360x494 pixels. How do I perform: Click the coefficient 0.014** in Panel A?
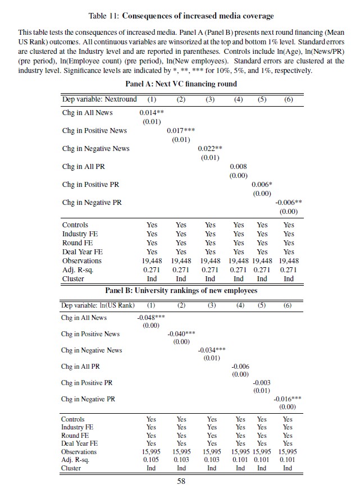(151, 113)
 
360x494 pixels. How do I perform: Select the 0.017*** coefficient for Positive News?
(181, 131)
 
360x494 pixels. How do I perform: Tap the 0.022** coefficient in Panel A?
(210, 149)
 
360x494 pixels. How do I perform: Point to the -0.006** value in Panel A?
(289, 203)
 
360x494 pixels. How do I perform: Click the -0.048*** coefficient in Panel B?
(151, 317)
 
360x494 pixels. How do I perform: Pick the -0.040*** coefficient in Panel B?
(181, 333)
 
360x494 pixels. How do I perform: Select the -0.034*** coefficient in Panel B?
(212, 350)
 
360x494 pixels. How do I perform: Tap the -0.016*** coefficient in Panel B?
(287, 399)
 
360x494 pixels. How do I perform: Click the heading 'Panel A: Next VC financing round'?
(179, 84)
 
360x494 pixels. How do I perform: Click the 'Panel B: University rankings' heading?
(179, 290)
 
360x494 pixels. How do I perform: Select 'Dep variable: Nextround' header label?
(99, 99)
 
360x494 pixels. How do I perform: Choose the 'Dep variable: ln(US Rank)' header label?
(98, 305)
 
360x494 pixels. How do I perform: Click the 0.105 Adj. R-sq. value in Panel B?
(151, 459)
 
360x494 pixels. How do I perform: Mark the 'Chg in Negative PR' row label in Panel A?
(92, 203)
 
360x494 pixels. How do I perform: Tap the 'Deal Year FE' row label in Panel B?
(79, 443)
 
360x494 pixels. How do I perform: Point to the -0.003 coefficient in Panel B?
(262, 382)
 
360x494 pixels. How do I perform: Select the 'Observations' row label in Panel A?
(82, 261)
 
